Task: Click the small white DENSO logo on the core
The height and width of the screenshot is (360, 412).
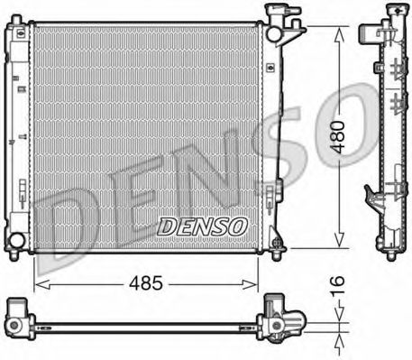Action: tap(199, 226)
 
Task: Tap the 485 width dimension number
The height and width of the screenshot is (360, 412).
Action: tap(144, 282)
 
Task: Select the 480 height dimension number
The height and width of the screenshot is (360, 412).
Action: tap(336, 136)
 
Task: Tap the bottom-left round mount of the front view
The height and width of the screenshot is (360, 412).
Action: tap(17, 240)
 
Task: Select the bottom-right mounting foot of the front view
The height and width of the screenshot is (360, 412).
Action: tap(280, 243)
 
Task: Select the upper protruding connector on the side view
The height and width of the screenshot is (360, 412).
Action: tap(365, 34)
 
